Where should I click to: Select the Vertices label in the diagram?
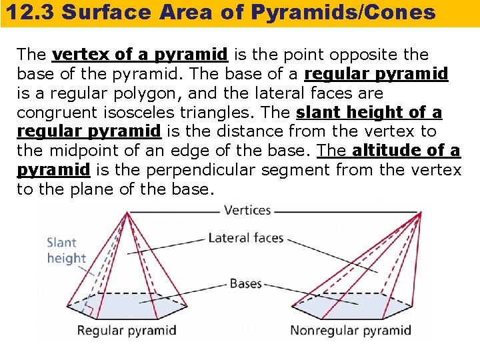coord(247,210)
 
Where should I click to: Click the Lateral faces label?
coord(246,238)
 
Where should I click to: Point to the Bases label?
coord(245,284)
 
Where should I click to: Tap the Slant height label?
coord(66,250)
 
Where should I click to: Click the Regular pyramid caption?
coord(127,330)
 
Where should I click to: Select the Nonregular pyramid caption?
coord(350,330)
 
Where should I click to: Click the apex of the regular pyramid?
coord(128,213)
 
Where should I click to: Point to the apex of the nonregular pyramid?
coord(418,213)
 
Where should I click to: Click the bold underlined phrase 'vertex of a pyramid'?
coord(140,54)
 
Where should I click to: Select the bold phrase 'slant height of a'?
coord(369,112)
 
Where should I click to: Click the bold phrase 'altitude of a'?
coord(406,151)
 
